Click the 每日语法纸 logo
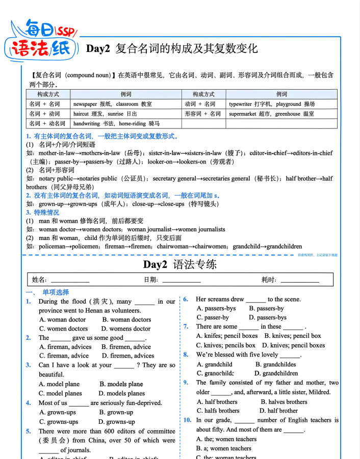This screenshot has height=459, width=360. pos(44,40)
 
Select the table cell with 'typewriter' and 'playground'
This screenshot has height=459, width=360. pos(281,104)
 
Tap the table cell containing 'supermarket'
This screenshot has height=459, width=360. pos(281,114)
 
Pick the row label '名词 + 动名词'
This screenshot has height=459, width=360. pos(47,124)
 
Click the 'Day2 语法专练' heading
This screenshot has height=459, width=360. pos(179,264)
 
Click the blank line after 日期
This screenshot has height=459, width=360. pos(182,280)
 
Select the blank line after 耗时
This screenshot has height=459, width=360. pos(300,280)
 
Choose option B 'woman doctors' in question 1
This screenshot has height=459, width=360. pos(126,320)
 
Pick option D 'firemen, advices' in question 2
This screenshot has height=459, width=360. pos(128,356)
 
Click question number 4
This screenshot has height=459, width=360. pos(29,403)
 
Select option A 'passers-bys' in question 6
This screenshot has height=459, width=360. pos(216,308)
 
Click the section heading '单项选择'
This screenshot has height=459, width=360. pos(56,292)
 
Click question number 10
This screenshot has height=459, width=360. pos(187,420)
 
